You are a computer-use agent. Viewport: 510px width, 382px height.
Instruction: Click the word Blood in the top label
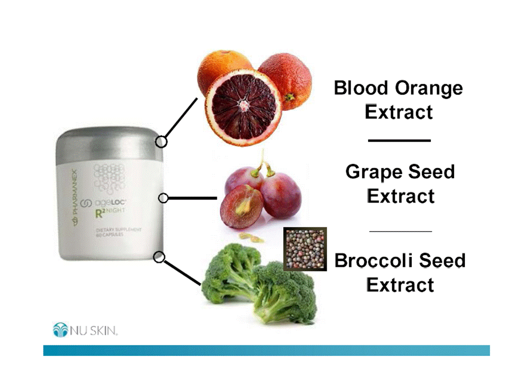(x=361, y=88)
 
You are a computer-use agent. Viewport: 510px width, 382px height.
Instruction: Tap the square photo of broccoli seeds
(x=304, y=249)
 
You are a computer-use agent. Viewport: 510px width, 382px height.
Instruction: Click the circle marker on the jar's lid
(x=161, y=142)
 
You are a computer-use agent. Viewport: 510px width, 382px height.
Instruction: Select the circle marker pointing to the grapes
(x=164, y=198)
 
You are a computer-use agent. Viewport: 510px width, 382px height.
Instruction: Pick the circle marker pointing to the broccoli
(x=158, y=257)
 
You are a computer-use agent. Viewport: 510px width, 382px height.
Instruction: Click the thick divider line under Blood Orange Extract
(x=399, y=140)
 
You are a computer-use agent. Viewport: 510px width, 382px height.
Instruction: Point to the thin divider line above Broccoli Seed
(x=399, y=231)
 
